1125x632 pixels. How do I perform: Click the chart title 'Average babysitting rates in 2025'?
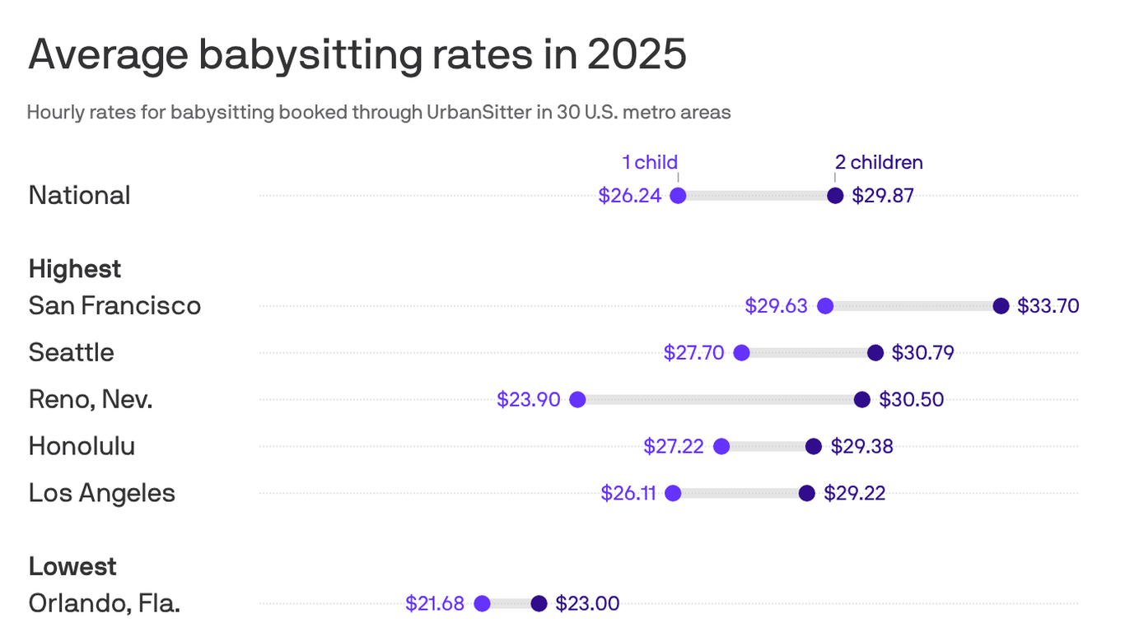(x=357, y=56)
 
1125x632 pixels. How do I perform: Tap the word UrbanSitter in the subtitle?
(x=478, y=112)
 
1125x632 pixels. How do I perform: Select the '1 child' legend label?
(x=650, y=162)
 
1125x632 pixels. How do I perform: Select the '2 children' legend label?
(x=879, y=162)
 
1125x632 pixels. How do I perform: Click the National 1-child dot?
(x=678, y=196)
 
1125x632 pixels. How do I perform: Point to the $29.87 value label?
(x=883, y=196)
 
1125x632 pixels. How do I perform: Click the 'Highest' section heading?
(x=75, y=269)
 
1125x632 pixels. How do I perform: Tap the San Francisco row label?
(x=114, y=305)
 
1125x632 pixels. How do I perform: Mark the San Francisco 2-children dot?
(x=1001, y=306)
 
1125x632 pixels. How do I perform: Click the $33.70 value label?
(x=1048, y=306)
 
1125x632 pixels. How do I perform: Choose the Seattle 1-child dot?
(x=741, y=353)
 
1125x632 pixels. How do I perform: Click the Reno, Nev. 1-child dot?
(x=577, y=400)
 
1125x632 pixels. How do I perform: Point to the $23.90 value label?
(x=528, y=400)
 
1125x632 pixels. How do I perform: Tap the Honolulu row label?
(x=82, y=446)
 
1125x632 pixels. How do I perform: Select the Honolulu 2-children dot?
(x=814, y=447)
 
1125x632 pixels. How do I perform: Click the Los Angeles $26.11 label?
(x=628, y=494)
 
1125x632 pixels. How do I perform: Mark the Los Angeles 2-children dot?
(x=807, y=494)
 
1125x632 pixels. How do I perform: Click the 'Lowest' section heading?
(x=72, y=566)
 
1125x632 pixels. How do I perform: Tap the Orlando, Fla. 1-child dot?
(x=482, y=604)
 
